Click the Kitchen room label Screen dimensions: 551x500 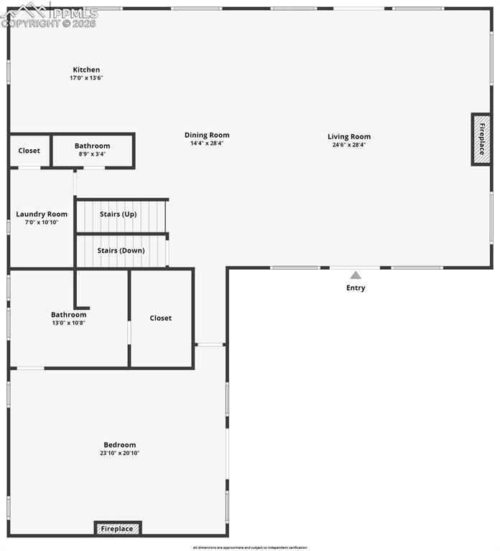[x=85, y=70]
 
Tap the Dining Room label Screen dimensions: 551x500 [x=207, y=135]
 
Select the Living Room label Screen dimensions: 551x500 [x=349, y=136]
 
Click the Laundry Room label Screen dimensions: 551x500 [x=42, y=214]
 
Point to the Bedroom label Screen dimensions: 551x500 [x=119, y=445]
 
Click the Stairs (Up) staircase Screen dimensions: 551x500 [x=121, y=215]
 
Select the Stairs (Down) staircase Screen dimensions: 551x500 [x=121, y=251]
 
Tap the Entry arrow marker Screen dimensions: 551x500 [x=356, y=275]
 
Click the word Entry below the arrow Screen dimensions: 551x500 [x=356, y=288]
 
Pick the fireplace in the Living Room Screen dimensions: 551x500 [x=481, y=139]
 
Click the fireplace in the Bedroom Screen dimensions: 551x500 [x=117, y=529]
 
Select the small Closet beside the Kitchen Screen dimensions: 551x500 [x=29, y=151]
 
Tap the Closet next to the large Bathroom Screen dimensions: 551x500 [x=161, y=318]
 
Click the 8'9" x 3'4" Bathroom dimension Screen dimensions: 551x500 [x=92, y=154]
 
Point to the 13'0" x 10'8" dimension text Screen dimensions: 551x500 [x=68, y=323]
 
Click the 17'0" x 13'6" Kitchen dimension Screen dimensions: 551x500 [x=86, y=77]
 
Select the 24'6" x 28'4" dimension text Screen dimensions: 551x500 [x=349, y=144]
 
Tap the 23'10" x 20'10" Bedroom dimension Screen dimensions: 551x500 [x=119, y=453]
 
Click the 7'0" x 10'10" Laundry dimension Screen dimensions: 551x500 [x=42, y=222]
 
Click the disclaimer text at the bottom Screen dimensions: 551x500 [x=249, y=547]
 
